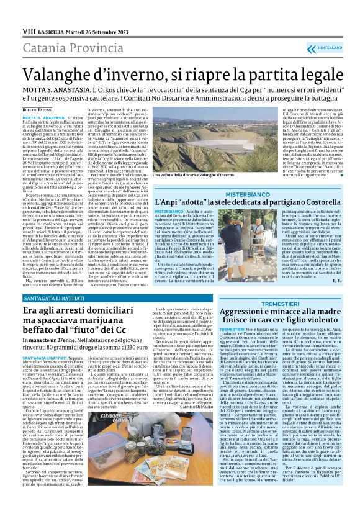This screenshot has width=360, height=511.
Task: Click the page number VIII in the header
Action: click(29, 30)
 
